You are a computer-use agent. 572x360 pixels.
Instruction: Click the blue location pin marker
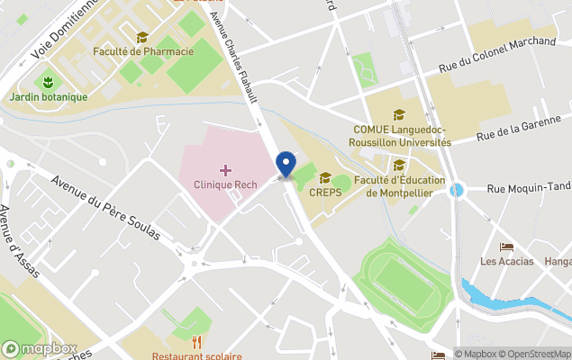point(286,165)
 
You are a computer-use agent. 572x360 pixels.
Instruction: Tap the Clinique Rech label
point(225,184)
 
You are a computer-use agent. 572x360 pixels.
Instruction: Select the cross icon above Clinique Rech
point(225,169)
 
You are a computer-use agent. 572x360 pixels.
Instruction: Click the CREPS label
point(324,191)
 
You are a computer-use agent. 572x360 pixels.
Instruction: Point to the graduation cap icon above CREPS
point(325,177)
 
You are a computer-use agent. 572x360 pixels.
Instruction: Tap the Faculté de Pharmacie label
point(143,51)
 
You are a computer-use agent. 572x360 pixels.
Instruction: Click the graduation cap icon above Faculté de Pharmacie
point(142,37)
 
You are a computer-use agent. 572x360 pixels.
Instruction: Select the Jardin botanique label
point(49,97)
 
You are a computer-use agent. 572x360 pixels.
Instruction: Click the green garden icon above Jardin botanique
point(49,82)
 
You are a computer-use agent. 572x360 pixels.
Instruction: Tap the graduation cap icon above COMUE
point(399,114)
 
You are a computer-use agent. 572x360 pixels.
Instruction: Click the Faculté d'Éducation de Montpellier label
point(400,186)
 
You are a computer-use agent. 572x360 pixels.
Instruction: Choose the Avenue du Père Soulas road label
point(105,207)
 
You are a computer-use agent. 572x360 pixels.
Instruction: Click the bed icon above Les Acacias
point(506,247)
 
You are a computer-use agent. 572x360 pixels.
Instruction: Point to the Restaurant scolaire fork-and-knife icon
point(196,342)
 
